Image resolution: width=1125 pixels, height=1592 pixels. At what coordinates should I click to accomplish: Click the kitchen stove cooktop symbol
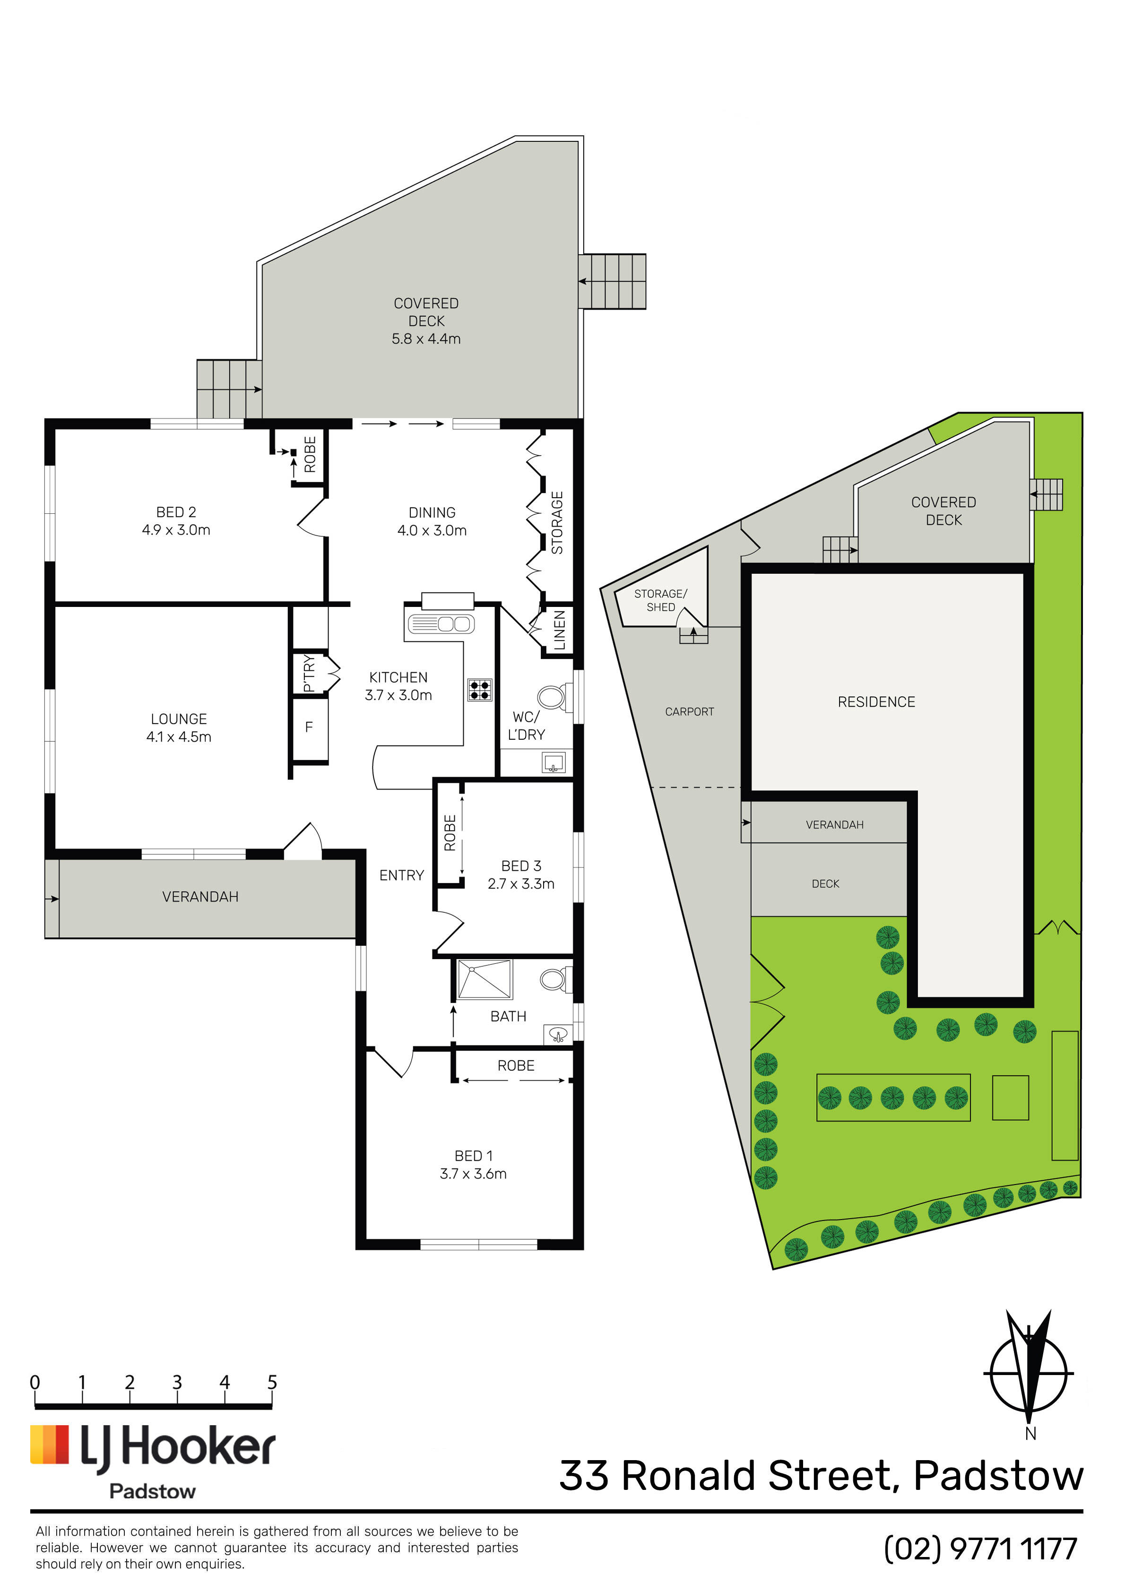(479, 689)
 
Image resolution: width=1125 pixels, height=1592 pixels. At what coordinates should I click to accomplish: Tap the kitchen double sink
(441, 623)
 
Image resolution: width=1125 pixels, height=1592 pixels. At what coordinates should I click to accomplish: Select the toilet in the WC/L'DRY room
(554, 697)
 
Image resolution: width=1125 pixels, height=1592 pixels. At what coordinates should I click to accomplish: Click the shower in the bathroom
(484, 979)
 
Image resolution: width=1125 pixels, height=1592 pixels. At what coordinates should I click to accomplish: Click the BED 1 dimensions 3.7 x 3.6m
(473, 1173)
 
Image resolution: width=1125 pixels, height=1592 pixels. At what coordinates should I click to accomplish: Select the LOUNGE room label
(179, 719)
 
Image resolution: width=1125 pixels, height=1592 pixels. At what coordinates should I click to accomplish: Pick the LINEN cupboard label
(560, 630)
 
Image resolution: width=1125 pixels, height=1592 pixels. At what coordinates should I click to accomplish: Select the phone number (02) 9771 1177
(981, 1549)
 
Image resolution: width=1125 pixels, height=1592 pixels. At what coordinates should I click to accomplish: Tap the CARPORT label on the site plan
(690, 711)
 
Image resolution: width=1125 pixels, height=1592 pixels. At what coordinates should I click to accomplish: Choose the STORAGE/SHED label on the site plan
(661, 600)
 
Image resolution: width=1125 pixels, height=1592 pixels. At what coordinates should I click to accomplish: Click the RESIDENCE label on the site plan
(877, 702)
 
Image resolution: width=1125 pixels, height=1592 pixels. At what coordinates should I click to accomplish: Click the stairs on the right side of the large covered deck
(613, 282)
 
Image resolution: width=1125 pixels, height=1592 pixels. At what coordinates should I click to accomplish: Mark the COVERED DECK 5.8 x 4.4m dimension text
(426, 339)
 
